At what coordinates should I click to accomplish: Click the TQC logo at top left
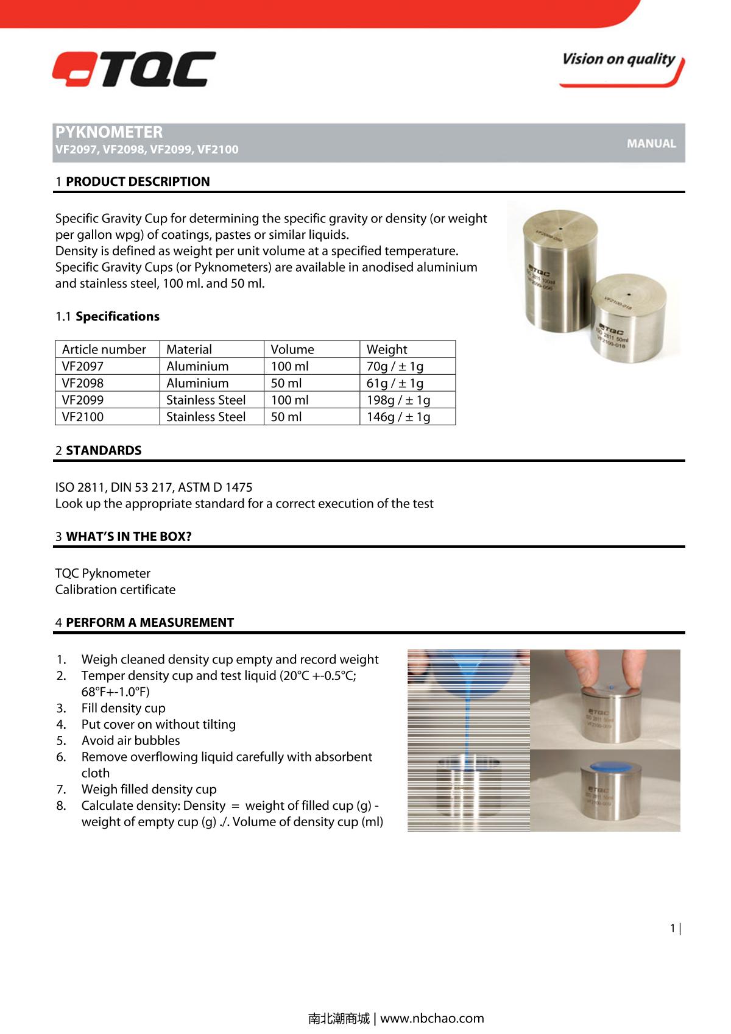tap(133, 69)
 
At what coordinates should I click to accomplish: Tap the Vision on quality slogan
tap(618, 60)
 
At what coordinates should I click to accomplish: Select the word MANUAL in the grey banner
tap(651, 144)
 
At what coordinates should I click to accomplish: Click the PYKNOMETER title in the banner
tap(109, 132)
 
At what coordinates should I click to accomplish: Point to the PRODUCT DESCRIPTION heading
tap(138, 182)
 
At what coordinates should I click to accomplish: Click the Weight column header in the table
tap(387, 349)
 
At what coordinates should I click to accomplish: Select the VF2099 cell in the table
tap(83, 400)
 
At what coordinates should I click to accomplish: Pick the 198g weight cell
tap(398, 400)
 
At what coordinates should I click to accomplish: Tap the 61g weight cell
tap(395, 383)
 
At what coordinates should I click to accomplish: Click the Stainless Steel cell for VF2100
tap(206, 417)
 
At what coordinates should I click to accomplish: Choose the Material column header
tap(189, 349)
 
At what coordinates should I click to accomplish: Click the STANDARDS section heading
tap(104, 450)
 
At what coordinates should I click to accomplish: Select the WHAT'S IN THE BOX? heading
tap(129, 537)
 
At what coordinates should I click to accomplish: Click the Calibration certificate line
tap(115, 590)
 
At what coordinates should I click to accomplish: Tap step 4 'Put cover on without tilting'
tap(158, 724)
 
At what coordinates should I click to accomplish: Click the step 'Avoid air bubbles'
tap(130, 741)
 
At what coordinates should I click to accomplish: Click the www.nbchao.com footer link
tap(432, 1018)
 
